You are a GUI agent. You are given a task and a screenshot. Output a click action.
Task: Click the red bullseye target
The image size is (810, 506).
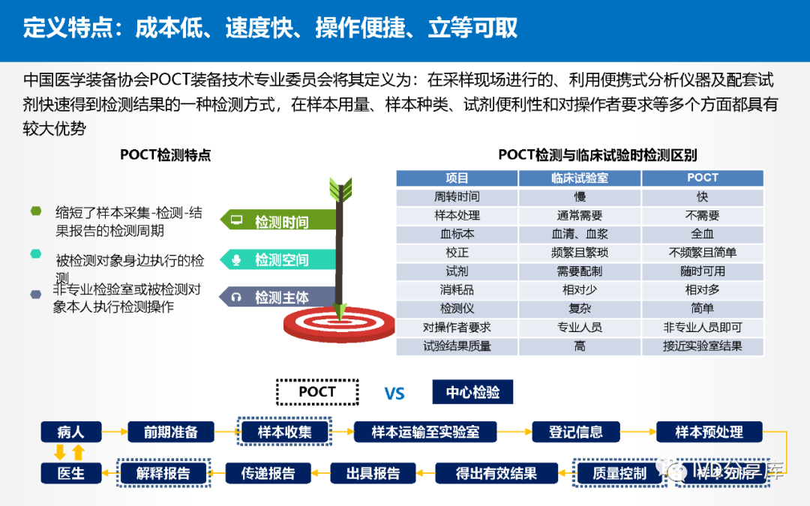339,322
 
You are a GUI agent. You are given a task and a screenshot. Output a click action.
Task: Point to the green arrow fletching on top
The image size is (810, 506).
340,187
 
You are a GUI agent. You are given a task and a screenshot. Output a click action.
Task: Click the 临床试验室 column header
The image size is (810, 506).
580,178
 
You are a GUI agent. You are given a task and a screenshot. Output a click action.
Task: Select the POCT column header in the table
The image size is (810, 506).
702,178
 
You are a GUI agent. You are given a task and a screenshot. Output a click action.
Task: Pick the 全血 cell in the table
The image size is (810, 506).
702,234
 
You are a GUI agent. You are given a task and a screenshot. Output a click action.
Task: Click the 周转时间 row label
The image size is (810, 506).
457,197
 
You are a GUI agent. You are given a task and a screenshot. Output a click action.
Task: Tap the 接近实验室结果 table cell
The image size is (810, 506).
702,346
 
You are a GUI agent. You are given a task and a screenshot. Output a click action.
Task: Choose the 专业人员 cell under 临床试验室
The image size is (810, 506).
580,328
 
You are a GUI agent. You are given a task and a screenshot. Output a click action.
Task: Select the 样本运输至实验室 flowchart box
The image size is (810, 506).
425,432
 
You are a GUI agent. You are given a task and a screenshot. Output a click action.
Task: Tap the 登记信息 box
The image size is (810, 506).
575,432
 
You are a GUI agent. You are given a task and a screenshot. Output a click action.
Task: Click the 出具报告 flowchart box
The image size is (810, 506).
373,473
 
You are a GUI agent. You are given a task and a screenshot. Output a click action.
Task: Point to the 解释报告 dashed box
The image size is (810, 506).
163,473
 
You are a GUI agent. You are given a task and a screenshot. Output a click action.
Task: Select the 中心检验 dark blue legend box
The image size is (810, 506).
472,392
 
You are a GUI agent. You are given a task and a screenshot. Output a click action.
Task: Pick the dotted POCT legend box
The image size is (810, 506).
316,392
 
